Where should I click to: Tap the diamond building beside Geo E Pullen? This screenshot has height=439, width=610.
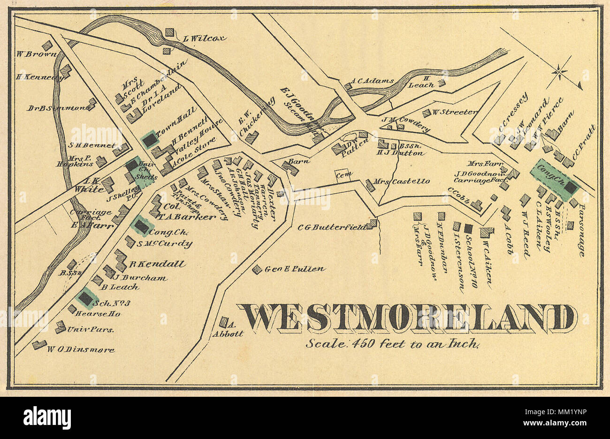coord(257,269)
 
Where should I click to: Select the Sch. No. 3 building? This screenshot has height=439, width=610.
coord(86,297)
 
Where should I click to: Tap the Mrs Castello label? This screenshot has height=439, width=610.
coord(402,181)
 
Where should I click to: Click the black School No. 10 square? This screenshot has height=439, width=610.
coord(468,228)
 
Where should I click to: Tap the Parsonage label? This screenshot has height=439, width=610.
coord(582,230)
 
